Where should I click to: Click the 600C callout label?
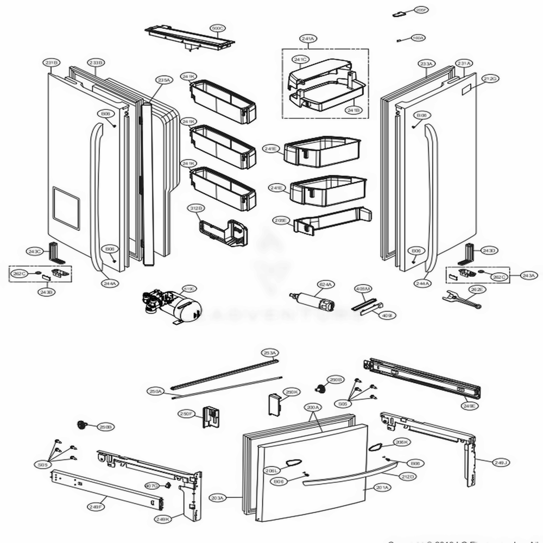click(218, 28)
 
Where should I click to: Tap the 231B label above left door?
click(52, 64)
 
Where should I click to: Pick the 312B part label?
click(197, 208)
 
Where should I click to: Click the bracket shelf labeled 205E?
click(331, 220)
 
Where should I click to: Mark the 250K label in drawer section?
click(292, 392)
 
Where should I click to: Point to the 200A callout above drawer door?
click(313, 407)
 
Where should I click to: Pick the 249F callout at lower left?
click(95, 507)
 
